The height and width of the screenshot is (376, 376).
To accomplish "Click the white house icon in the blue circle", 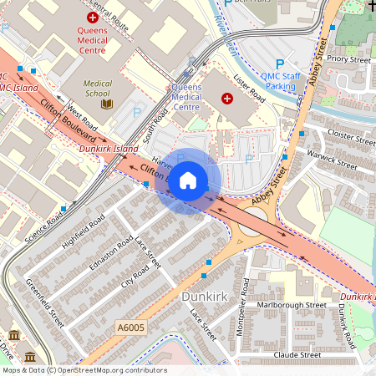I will [188, 180].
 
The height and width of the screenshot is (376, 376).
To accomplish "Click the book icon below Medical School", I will [106, 104].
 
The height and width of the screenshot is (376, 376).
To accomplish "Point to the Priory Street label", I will [348, 60].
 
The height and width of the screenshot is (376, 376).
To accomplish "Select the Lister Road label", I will [249, 88].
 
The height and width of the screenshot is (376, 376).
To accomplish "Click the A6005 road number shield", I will [131, 329].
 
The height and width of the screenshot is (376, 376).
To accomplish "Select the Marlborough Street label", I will [291, 305].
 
